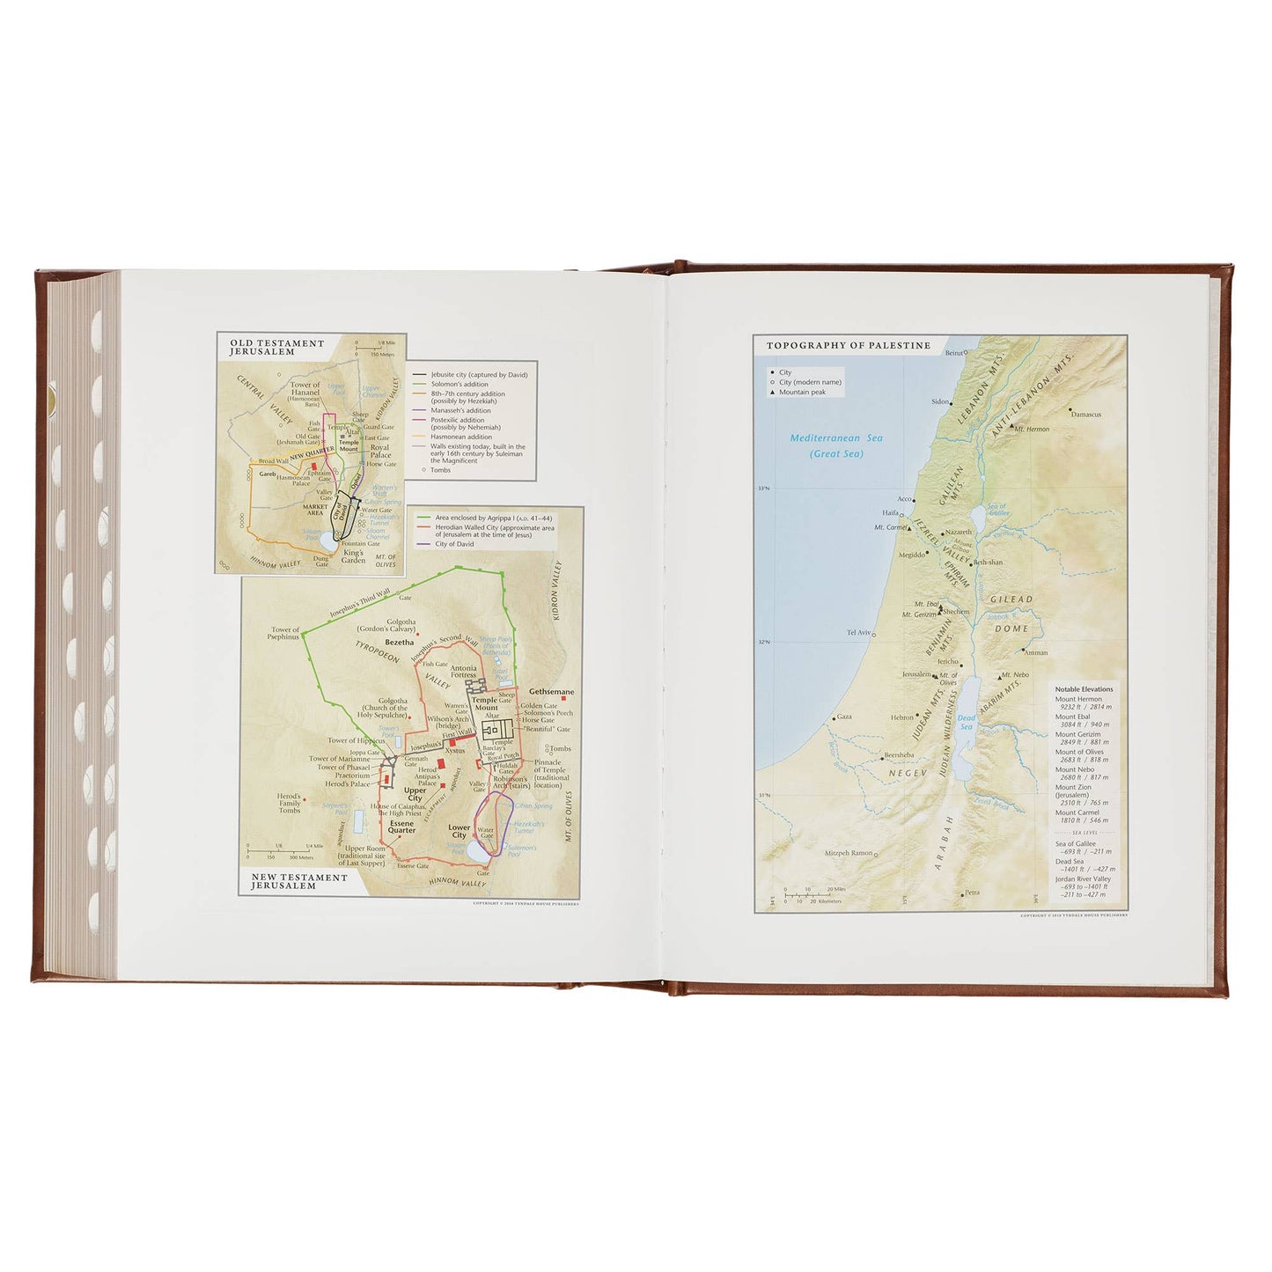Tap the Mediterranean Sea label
click(x=835, y=445)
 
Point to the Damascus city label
click(x=1086, y=414)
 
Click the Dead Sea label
click(x=967, y=722)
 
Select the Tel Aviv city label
click(x=858, y=632)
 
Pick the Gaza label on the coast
click(x=844, y=717)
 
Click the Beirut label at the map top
click(x=954, y=353)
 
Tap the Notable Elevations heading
click(x=1084, y=689)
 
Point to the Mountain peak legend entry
click(x=802, y=393)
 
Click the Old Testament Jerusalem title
click(x=277, y=347)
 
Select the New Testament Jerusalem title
click(x=299, y=881)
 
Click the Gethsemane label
click(x=551, y=692)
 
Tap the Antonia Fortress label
click(x=464, y=672)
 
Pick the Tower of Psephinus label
click(x=285, y=633)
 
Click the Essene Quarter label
click(x=401, y=827)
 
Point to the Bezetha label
click(x=399, y=643)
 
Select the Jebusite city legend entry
click(x=479, y=375)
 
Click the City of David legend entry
click(x=454, y=544)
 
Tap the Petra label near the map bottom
click(x=971, y=893)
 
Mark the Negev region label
click(x=908, y=773)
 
